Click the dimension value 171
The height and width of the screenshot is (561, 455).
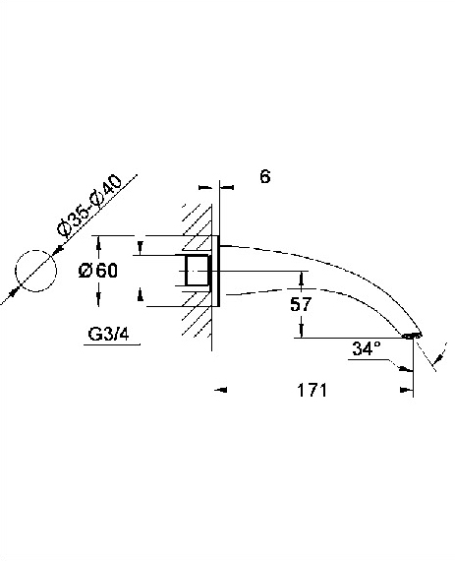pos(312,390)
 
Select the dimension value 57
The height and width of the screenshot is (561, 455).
pos(301,304)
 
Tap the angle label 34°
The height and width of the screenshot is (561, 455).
pos(367,348)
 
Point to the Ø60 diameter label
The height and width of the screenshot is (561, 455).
pos(98,270)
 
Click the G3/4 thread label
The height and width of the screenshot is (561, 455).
pos(108,335)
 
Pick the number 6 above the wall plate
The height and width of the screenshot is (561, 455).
pos(265,177)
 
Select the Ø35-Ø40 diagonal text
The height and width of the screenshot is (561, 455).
pos(89,207)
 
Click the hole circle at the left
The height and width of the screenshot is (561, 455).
pos(35,250)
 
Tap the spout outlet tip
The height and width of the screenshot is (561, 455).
pos(412,336)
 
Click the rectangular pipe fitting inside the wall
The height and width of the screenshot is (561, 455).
pos(197,270)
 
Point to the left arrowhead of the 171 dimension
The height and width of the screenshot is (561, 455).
pos(220,390)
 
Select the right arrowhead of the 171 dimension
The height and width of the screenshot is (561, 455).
pos(407,390)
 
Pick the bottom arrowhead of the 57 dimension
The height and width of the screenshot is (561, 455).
pos(302,331)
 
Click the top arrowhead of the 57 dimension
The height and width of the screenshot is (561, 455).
pos(302,278)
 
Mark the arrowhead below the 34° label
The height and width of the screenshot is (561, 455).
pos(405,368)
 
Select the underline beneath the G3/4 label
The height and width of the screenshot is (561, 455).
pos(112,344)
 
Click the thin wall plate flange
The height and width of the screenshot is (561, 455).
pos(218,271)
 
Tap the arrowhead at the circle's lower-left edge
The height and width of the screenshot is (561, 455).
pos(14,291)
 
